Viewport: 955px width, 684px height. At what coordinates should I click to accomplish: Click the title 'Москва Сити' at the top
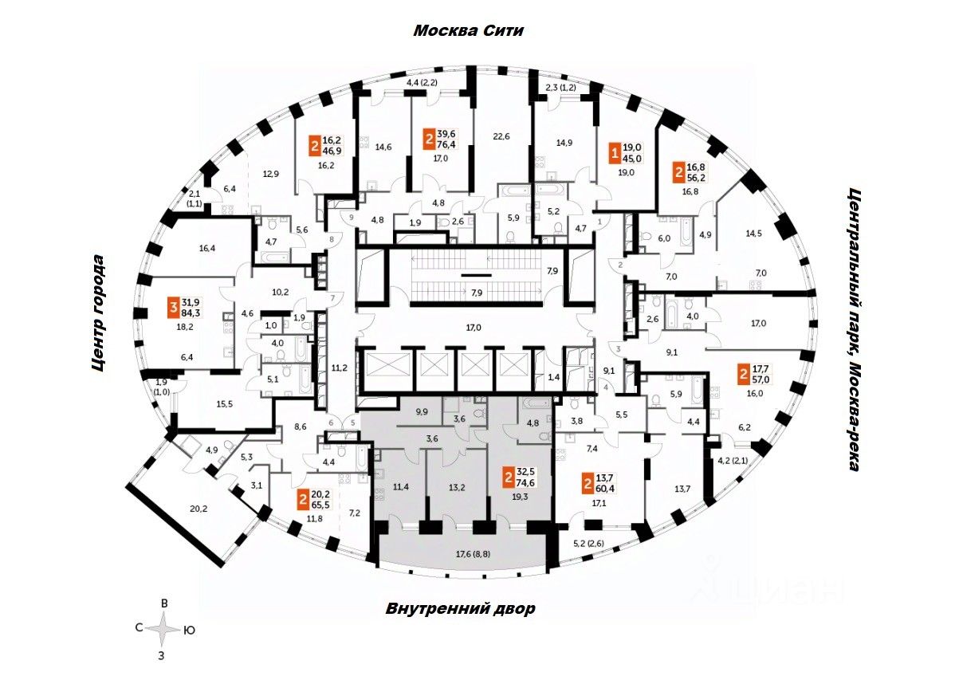pyautogui.click(x=468, y=31)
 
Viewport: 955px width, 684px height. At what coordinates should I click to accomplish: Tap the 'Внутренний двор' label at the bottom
pyautogui.click(x=460, y=609)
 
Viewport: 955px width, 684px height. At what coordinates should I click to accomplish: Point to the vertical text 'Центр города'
pyautogui.click(x=98, y=314)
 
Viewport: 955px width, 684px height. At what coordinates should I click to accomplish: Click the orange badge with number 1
pyautogui.click(x=614, y=152)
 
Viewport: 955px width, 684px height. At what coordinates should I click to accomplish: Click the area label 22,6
pyautogui.click(x=501, y=136)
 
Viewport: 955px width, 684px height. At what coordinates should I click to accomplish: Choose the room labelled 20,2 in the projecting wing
pyautogui.click(x=176, y=509)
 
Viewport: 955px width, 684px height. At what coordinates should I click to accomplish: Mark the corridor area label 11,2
pyautogui.click(x=338, y=368)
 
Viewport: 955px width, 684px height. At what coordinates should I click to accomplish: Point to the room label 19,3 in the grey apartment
pyautogui.click(x=521, y=495)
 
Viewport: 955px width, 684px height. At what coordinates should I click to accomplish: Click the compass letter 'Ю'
pyautogui.click(x=189, y=630)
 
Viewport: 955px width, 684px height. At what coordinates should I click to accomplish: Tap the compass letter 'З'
pyautogui.click(x=162, y=656)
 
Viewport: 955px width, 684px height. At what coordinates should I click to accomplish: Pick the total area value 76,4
pyautogui.click(x=447, y=145)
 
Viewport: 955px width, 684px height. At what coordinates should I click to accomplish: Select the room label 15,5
pyautogui.click(x=224, y=405)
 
